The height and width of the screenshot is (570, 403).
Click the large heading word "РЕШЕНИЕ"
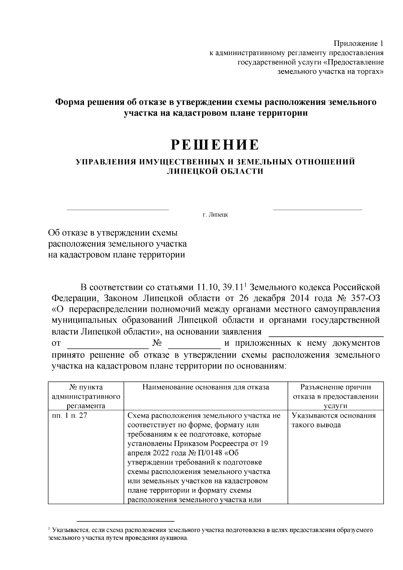(x=215, y=144)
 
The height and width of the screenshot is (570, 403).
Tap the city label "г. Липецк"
(x=215, y=215)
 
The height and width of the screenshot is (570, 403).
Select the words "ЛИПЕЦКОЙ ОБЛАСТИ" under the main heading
(x=215, y=171)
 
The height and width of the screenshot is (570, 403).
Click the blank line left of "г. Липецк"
(x=118, y=210)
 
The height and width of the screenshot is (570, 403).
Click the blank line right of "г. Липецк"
(x=317, y=210)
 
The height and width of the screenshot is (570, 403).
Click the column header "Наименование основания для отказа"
(x=206, y=387)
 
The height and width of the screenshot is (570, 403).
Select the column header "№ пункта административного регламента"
(x=86, y=396)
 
